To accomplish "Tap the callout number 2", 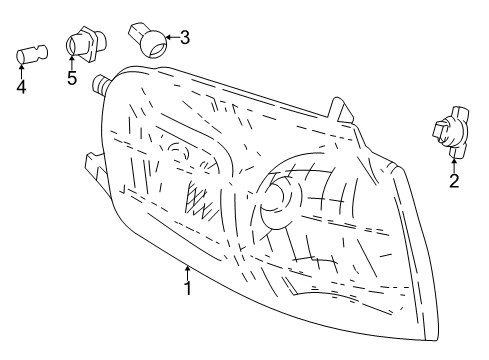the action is (x=453, y=181).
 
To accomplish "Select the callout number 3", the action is (x=184, y=38).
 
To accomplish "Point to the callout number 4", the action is (x=21, y=86).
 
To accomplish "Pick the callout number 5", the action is (x=72, y=79).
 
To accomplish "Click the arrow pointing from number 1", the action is (x=186, y=269).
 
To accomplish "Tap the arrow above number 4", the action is (x=21, y=70).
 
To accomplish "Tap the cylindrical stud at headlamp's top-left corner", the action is (x=100, y=83).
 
